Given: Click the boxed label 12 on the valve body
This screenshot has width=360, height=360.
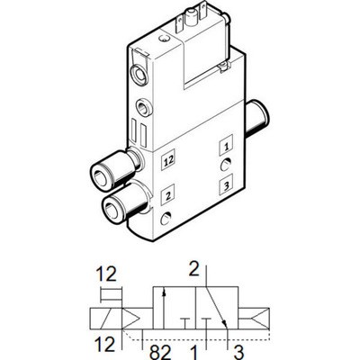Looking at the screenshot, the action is coord(168,160).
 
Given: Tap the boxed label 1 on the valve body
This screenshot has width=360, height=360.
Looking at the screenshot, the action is coord(226,146).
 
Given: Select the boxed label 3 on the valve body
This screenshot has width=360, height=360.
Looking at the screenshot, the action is coord(226,184).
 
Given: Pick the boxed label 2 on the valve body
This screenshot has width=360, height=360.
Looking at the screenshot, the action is coord(167,195).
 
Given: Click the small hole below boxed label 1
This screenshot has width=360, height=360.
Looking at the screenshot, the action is coord(225,165).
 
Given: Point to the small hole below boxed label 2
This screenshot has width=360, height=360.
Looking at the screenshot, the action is coord(166,218).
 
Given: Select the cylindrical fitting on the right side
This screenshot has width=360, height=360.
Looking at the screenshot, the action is coord(258,119).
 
